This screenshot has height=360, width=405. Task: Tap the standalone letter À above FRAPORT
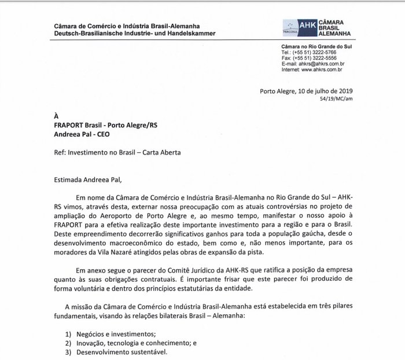click(x=56, y=116)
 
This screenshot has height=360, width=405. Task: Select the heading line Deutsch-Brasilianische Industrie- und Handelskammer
click(x=135, y=34)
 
